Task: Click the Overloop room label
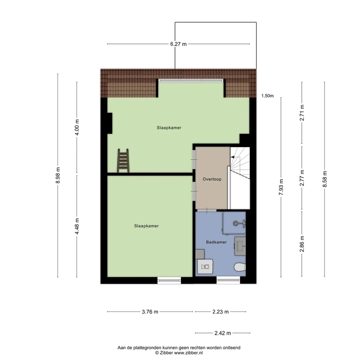point(212,179)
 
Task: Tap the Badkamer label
point(216,242)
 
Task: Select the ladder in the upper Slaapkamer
point(123,161)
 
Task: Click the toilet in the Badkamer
point(240,267)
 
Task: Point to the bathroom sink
point(240,246)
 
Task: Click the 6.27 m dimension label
point(178,44)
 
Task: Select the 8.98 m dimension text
point(58,175)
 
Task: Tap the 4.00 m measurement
point(77,127)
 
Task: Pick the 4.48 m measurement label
point(77,227)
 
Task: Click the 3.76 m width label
point(150,312)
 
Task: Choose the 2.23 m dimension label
point(220,312)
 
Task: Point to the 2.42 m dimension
point(223,333)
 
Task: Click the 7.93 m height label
point(281,187)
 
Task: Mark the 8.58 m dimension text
point(325,179)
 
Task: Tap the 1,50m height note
point(267,96)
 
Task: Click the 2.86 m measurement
point(302,244)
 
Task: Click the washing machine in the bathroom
point(205,266)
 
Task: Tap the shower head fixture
point(239,223)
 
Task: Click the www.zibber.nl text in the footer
point(188,353)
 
